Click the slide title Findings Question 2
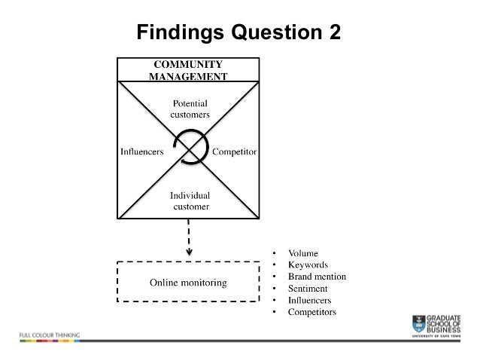click(239, 33)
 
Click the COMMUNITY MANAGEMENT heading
click(188, 70)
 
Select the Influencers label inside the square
click(143, 151)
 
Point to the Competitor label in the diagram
click(235, 151)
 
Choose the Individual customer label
click(190, 200)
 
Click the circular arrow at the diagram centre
click(189, 145)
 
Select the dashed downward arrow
click(189, 237)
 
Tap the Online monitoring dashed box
click(188, 283)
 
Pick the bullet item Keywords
click(308, 265)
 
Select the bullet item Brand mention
click(317, 277)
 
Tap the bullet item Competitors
click(311, 311)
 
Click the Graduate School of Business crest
click(419, 322)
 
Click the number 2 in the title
click(333, 33)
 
